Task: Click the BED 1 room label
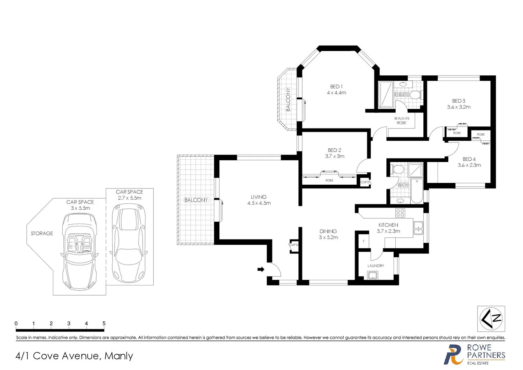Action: (x=336, y=87)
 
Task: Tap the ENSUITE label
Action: (x=401, y=95)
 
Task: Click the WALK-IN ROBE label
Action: (x=401, y=121)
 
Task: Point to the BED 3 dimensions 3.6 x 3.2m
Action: (x=459, y=107)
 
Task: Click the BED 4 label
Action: (x=469, y=159)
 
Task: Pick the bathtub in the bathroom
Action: (x=417, y=191)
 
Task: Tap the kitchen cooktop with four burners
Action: (x=400, y=213)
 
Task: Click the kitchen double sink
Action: (x=418, y=228)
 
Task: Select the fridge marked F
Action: (x=363, y=242)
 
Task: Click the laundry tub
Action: (x=372, y=275)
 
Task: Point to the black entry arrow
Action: (x=261, y=269)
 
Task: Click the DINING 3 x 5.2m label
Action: (x=328, y=234)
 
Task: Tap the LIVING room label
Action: (x=258, y=197)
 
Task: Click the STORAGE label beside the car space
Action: (x=42, y=233)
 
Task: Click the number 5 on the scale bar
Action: (x=104, y=323)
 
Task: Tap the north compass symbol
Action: (x=491, y=319)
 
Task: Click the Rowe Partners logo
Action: (x=474, y=355)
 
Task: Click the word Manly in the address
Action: (x=119, y=356)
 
